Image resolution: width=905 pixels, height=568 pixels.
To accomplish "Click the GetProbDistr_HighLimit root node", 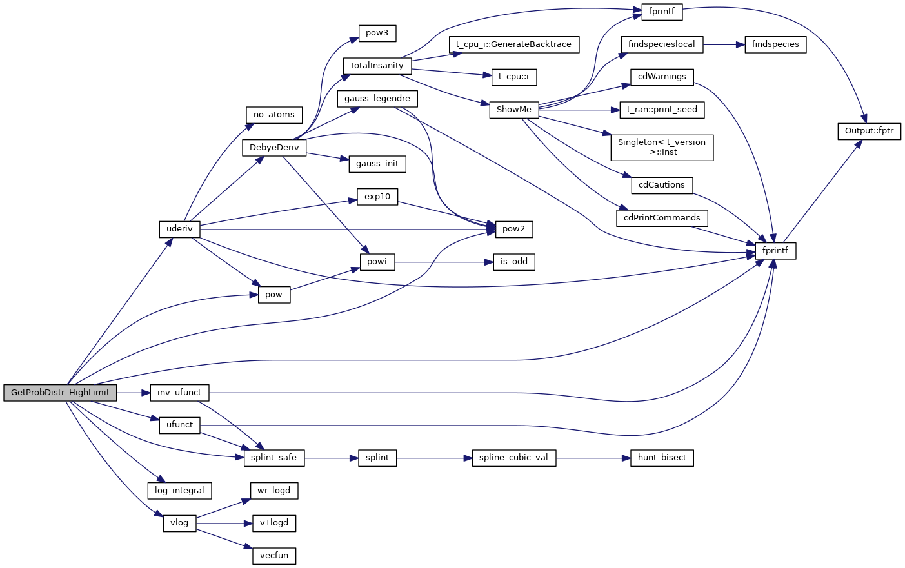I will point(60,393).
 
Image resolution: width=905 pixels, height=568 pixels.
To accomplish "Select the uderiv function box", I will point(179,229).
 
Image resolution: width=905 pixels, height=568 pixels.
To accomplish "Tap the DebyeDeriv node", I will point(274,148).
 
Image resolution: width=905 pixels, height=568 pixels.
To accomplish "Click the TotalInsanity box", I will point(377,66).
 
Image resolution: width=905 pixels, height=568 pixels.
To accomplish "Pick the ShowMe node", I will point(513,110).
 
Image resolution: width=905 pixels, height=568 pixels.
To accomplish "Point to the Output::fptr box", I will point(869,131).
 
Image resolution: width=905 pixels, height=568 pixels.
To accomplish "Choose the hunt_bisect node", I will point(662,458).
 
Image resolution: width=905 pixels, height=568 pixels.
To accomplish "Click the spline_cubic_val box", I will point(513,458).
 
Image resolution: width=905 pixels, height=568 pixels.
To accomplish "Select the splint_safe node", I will point(273,458).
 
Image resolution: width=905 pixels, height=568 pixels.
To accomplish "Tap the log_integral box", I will point(179,491).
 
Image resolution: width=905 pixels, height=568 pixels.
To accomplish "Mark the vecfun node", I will point(274,556).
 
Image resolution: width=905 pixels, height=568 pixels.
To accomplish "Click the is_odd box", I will point(513,262).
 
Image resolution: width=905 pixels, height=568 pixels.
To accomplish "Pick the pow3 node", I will point(377,33).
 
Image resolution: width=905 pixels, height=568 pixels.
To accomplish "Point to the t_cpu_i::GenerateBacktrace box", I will point(513,44).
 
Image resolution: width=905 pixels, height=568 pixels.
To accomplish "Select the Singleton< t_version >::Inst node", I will point(662,148).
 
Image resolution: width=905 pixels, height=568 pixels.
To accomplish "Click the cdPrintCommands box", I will point(662,218).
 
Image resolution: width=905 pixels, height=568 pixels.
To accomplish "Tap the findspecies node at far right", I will point(775,44).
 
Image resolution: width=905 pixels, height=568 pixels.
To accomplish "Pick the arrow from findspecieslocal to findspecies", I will point(724,45).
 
